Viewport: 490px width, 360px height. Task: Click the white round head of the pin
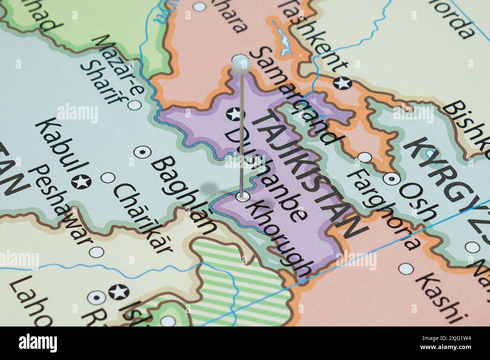point(241,64)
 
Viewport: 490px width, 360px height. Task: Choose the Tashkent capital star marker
point(343,82)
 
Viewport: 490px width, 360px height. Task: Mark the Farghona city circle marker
point(364,157)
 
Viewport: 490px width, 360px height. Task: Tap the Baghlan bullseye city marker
point(143,152)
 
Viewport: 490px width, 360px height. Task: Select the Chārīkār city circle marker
point(109,177)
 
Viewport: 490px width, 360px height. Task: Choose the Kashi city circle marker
point(406,268)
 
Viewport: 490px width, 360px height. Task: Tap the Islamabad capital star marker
point(119,291)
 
